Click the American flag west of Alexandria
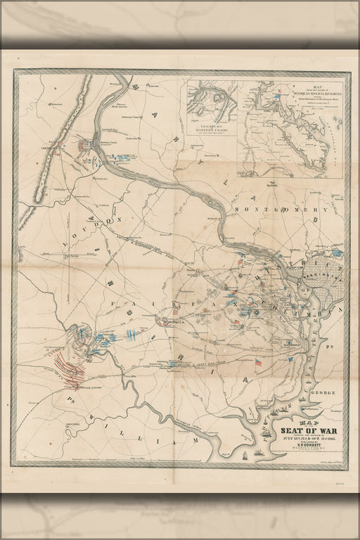[x=259, y=364]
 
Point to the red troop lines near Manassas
[x=70, y=370]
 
